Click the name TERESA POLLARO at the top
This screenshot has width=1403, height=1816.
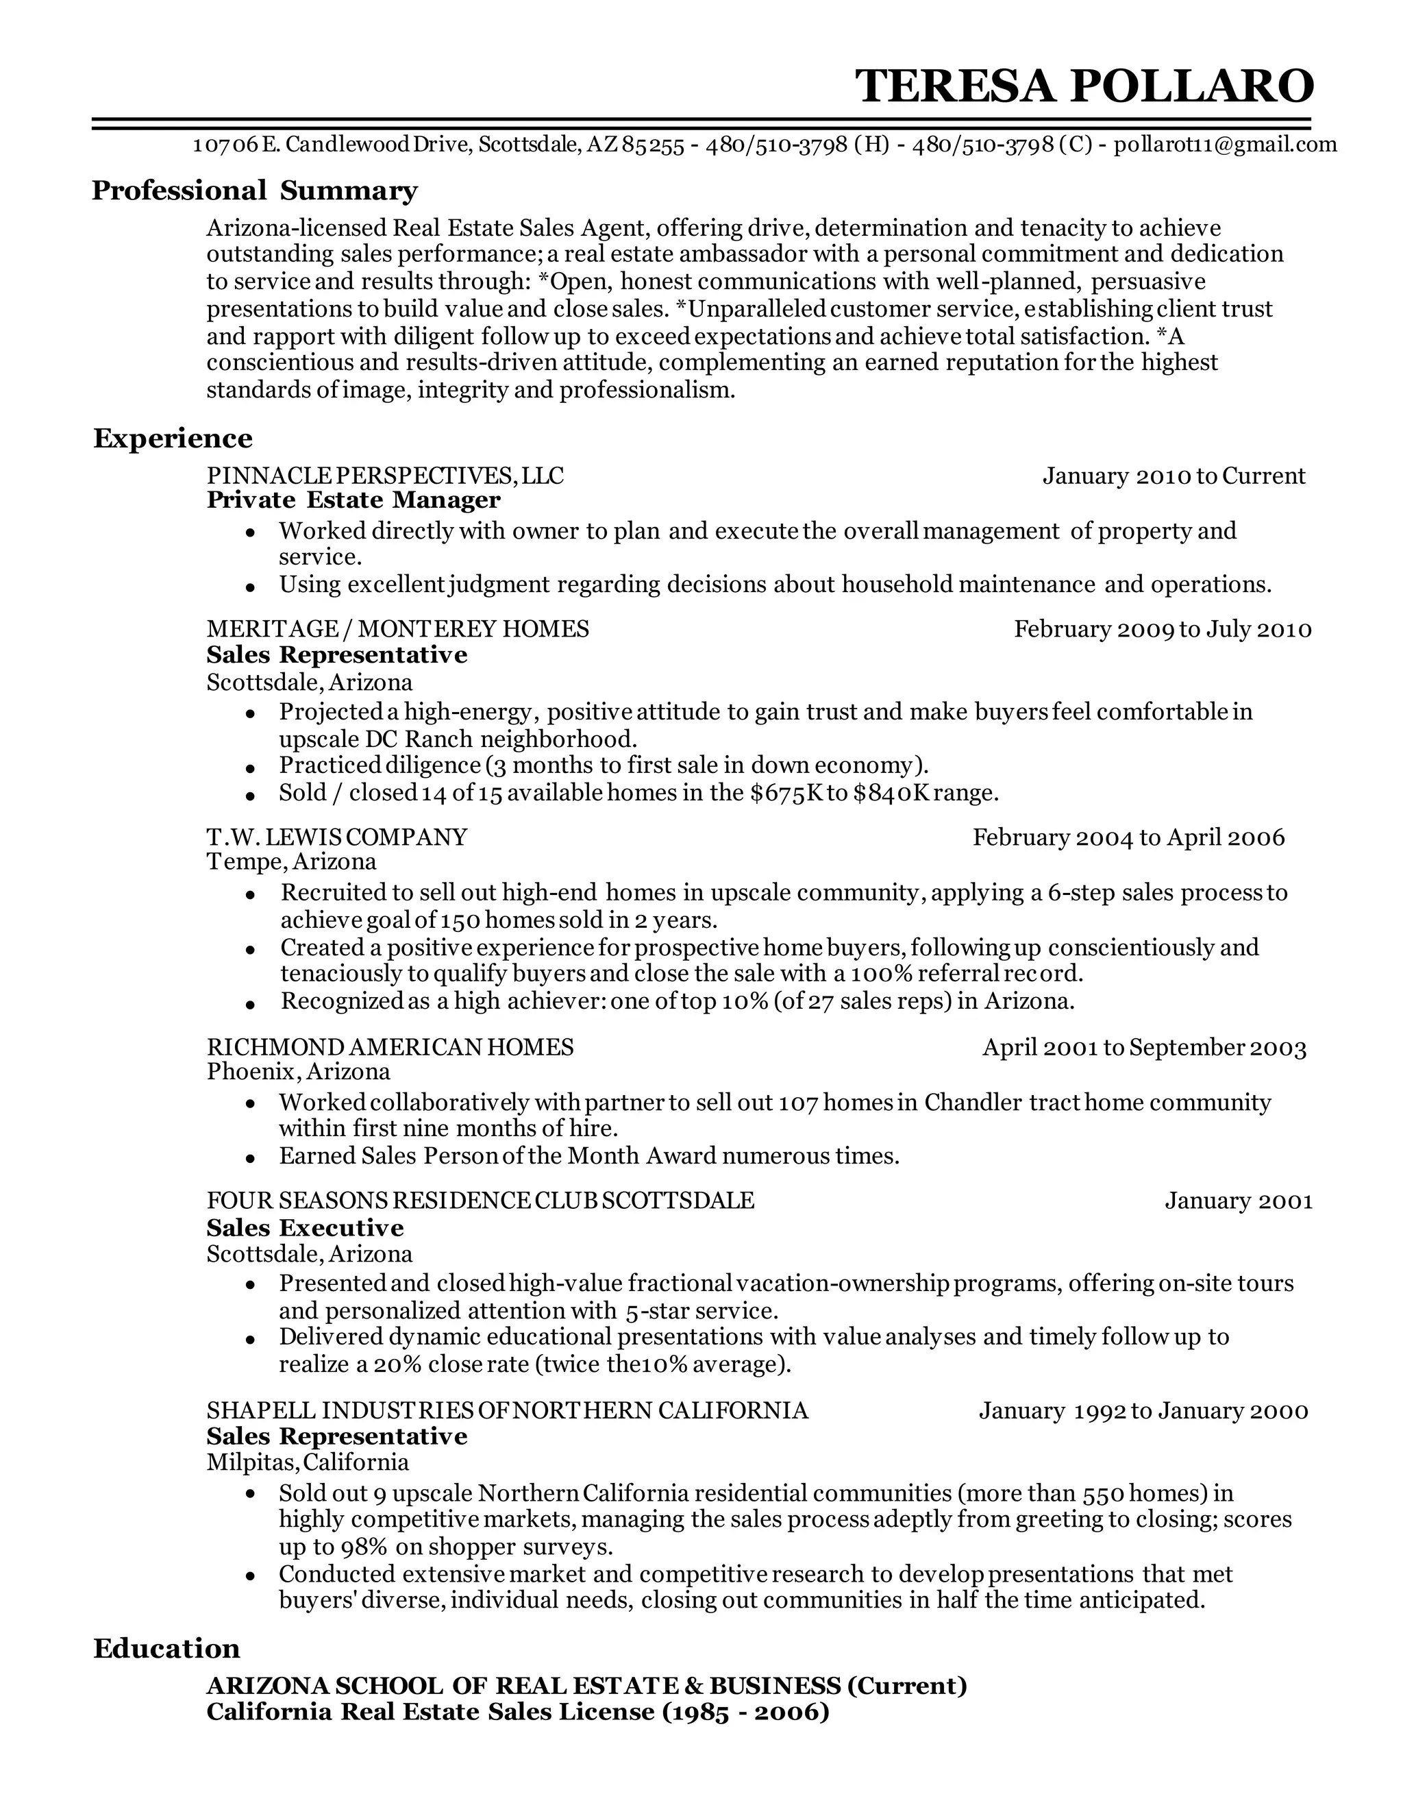pyautogui.click(x=1084, y=86)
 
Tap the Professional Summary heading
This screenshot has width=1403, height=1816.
pyautogui.click(x=254, y=191)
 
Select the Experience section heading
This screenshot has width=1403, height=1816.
pyautogui.click(x=173, y=438)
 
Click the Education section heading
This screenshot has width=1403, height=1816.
pyautogui.click(x=166, y=1648)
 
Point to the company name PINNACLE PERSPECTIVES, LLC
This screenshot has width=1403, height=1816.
pyautogui.click(x=385, y=476)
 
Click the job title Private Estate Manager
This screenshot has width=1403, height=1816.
pyautogui.click(x=353, y=500)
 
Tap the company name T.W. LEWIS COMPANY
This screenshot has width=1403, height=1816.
pyautogui.click(x=336, y=837)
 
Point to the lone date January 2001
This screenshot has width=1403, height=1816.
pyautogui.click(x=1238, y=1201)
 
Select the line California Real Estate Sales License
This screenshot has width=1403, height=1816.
pyautogui.click(x=517, y=1711)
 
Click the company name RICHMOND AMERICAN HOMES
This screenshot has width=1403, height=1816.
pyautogui.click(x=390, y=1047)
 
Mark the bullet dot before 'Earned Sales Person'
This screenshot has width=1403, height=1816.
pyautogui.click(x=249, y=1158)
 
